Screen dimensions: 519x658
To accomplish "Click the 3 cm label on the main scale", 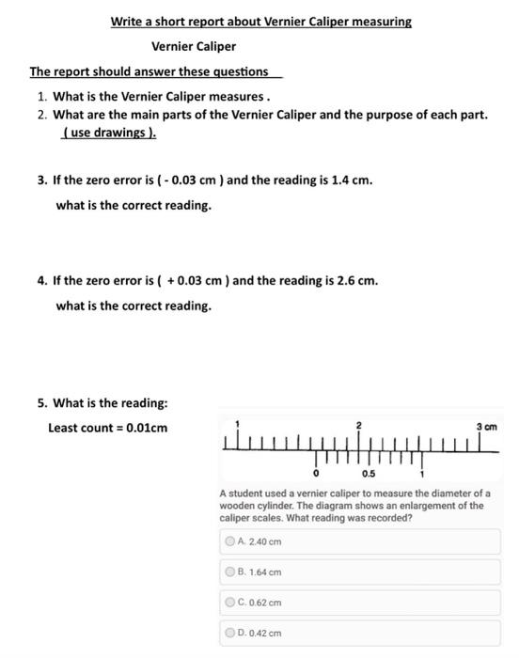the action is point(486,428).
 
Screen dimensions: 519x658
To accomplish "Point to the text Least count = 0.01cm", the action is point(108,428).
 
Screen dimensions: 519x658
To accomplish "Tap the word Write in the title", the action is point(127,21).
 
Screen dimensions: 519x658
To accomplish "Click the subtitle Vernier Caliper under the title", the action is point(194,46).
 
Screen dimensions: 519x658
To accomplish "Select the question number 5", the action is point(41,403).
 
